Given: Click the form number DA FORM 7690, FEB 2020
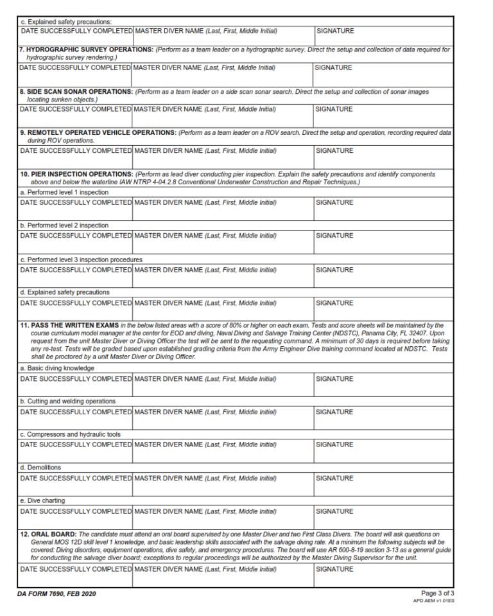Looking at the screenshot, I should click(57, 594).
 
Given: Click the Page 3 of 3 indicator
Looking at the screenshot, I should click(437, 593).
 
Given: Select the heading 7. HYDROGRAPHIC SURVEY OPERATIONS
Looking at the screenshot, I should click(86, 49).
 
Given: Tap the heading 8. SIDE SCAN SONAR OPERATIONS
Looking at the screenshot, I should click(76, 92).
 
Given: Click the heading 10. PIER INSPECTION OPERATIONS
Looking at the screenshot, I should click(76, 174).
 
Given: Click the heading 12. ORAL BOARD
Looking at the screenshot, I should click(48, 534).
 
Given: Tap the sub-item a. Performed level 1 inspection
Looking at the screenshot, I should click(64, 192).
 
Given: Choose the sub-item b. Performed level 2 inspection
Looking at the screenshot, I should click(64, 225).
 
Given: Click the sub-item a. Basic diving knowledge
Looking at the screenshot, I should click(57, 368).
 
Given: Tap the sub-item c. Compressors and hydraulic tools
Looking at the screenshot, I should click(70, 434).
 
